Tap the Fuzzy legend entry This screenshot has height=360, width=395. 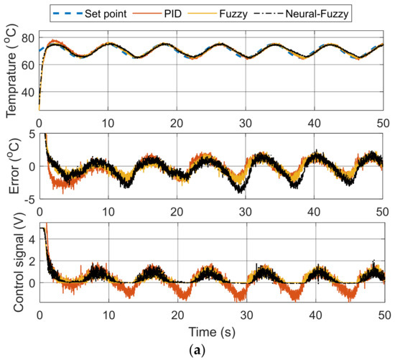pyautogui.click(x=260, y=12)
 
